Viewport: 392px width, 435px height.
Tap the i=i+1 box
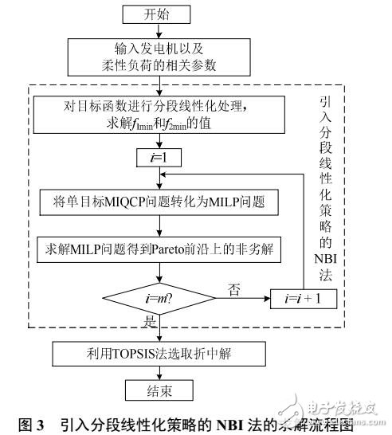303,300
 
